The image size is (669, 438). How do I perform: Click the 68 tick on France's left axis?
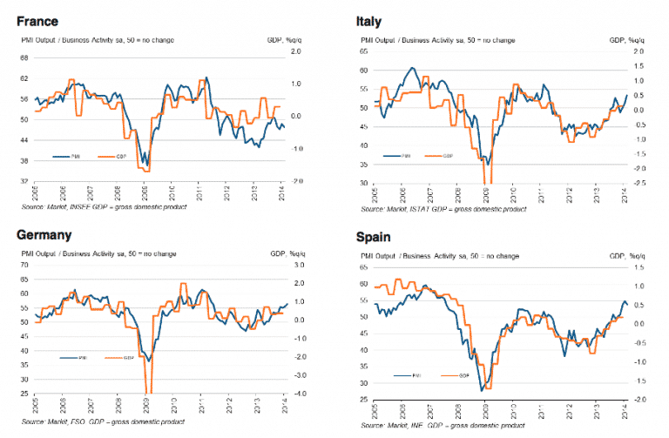(x=24, y=58)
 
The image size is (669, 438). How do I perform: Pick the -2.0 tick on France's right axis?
(x=296, y=181)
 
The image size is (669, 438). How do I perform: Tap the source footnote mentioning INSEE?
(x=104, y=206)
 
